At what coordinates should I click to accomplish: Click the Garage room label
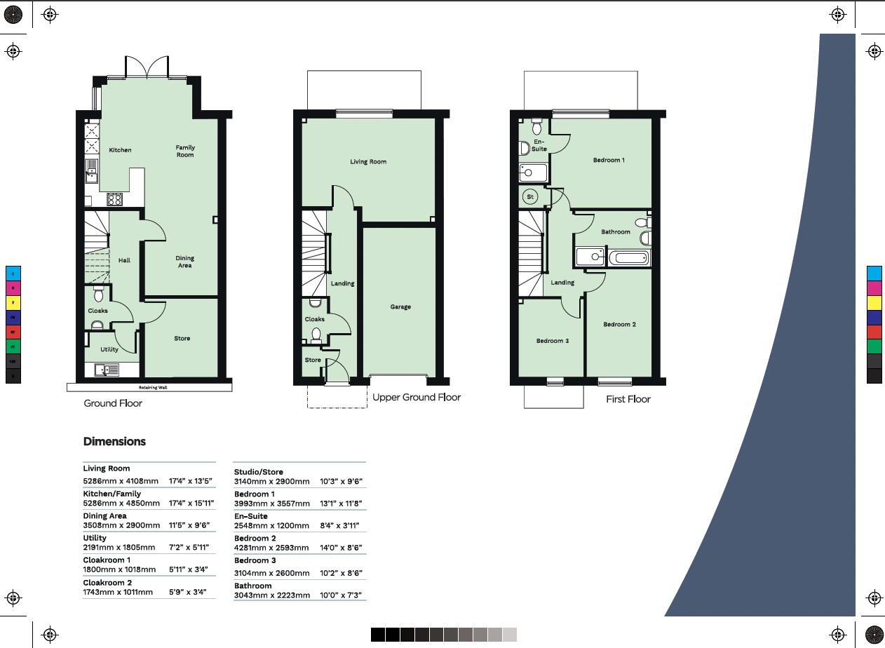tap(400, 306)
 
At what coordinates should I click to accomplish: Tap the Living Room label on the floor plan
tap(368, 162)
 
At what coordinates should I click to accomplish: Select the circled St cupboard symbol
tap(530, 197)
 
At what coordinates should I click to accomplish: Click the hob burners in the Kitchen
tap(114, 199)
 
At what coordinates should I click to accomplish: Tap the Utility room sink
tap(103, 369)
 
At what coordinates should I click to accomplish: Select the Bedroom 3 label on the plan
tap(553, 341)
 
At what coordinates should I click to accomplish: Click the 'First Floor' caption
tap(628, 399)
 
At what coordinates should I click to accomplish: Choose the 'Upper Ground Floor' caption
tap(416, 397)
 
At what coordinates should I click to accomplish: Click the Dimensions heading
tap(114, 442)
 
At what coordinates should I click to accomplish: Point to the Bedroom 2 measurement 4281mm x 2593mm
tap(271, 548)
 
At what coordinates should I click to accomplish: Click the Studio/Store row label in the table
tap(259, 472)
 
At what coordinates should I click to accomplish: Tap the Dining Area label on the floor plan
tap(184, 262)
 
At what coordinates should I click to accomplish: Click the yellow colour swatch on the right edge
tap(874, 302)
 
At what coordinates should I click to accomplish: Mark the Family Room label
tap(185, 151)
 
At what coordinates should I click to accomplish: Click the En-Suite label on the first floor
tap(539, 145)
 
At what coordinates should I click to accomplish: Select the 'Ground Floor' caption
tap(113, 403)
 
